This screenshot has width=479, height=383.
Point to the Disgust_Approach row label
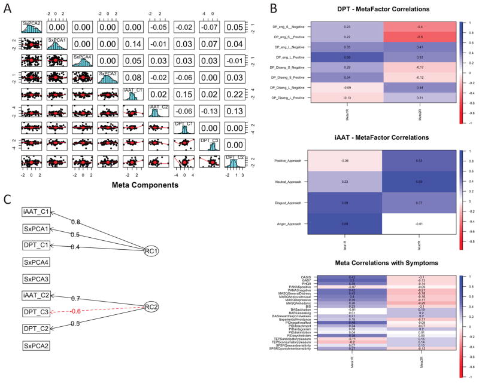289,203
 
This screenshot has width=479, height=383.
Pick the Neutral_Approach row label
290,182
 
